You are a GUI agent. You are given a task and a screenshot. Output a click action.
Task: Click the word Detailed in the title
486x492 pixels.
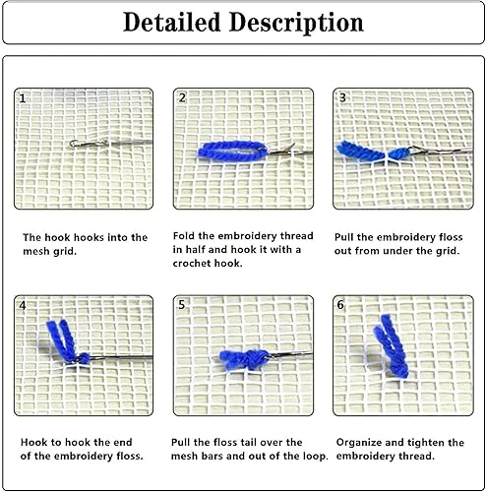click(x=171, y=23)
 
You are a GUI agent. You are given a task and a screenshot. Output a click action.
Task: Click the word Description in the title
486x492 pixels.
click(x=296, y=23)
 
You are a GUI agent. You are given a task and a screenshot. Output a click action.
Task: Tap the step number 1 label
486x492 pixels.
click(x=23, y=98)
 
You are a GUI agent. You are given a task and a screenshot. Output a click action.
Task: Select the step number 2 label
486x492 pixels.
click(x=182, y=97)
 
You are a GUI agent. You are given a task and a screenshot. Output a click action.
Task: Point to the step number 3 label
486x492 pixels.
click(x=342, y=97)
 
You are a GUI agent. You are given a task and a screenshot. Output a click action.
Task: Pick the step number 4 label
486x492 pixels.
click(x=23, y=306)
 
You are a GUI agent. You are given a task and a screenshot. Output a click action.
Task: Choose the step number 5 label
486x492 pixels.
click(x=182, y=305)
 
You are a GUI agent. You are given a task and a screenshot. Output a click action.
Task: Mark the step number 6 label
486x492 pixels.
click(x=340, y=305)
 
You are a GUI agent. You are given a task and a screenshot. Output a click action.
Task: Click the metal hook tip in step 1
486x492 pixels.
click(x=73, y=143)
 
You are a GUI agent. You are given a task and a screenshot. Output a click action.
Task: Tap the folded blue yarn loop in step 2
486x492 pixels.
click(x=232, y=152)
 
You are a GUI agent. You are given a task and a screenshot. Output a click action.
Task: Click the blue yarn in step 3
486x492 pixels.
click(x=372, y=152)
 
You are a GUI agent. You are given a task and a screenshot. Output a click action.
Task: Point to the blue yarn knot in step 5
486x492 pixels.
click(x=244, y=360)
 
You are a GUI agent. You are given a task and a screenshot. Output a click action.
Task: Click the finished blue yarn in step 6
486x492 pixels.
click(x=392, y=346)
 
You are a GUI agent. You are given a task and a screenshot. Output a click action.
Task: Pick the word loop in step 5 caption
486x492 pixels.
click(x=314, y=457)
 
